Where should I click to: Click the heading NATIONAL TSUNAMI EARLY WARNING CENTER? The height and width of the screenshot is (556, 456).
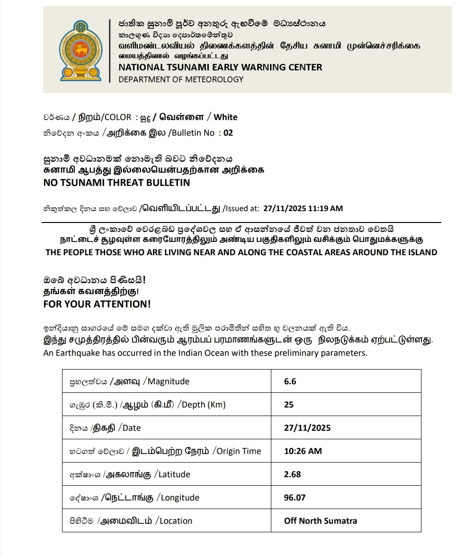pos(220,67)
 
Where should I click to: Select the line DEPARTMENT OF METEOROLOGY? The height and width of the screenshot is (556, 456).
pos(181,79)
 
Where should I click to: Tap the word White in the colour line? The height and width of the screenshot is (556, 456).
pos(225,117)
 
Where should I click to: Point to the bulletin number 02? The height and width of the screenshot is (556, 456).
pos(228,133)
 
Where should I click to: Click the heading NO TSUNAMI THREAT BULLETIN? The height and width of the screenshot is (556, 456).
pos(116,183)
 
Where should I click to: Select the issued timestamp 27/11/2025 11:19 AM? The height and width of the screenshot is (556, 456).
pos(303,208)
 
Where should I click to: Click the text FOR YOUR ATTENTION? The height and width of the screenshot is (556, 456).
pos(97,304)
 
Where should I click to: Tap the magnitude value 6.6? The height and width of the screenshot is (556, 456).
pos(290,381)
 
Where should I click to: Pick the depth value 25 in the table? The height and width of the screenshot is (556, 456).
pos(289,405)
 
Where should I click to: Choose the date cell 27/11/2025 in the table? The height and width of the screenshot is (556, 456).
pos(307,428)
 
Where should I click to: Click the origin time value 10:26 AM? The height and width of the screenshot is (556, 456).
pos(303,451)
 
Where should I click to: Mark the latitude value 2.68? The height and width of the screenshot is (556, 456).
pos(292,474)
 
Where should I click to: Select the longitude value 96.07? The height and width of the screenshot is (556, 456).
pos(295,498)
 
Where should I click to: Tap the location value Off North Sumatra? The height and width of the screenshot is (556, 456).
pos(321,521)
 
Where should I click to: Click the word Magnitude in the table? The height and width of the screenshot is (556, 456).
pos(169,381)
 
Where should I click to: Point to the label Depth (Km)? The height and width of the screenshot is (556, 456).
pos(204,405)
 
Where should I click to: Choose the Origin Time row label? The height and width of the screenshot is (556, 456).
pos(239,451)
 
